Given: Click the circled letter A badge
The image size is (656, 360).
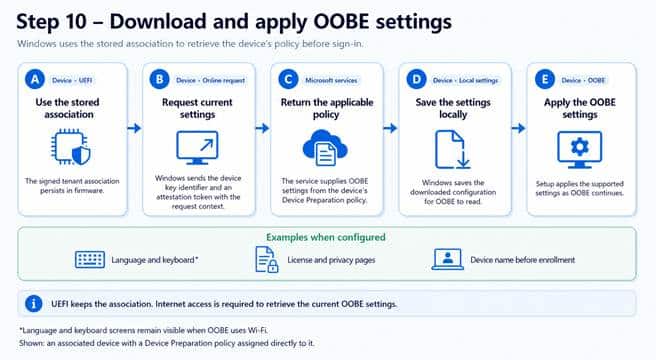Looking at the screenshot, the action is pyautogui.click(x=35, y=79).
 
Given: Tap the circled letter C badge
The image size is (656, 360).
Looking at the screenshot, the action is pyautogui.click(x=288, y=79).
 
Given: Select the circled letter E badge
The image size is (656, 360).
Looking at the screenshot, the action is pyautogui.click(x=545, y=79).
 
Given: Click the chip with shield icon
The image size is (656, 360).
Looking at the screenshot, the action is pyautogui.click(x=71, y=147).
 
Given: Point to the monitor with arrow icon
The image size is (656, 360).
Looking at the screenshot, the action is pyautogui.click(x=197, y=147).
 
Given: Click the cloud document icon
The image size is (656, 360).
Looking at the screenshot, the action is pyautogui.click(x=325, y=148).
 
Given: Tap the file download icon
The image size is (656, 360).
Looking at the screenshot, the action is pyautogui.click(x=452, y=149).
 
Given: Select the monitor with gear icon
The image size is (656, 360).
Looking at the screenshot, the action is pyautogui.click(x=579, y=149).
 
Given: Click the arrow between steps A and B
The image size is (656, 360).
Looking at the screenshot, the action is pyautogui.click(x=134, y=128).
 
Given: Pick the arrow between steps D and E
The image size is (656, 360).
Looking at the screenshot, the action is pyautogui.click(x=518, y=128).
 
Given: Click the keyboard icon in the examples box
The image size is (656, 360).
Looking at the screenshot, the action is pyautogui.click(x=90, y=260).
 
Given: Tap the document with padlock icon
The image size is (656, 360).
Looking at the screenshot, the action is pyautogui.click(x=267, y=260).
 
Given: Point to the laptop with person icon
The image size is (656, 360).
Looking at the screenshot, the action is pyautogui.click(x=448, y=259).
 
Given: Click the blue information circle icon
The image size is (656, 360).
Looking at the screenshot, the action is pyautogui.click(x=34, y=303).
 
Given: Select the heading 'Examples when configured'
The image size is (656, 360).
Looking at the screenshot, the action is pyautogui.click(x=326, y=237).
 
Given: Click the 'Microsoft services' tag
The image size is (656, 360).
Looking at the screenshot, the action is pyautogui.click(x=331, y=80).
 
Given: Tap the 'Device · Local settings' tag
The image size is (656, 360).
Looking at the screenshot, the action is pyautogui.click(x=466, y=80).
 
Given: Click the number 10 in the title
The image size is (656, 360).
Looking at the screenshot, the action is pyautogui.click(x=76, y=22).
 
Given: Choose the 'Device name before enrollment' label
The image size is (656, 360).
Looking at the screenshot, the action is pyautogui.click(x=523, y=260).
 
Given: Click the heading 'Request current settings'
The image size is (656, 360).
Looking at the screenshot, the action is pyautogui.click(x=197, y=108).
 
